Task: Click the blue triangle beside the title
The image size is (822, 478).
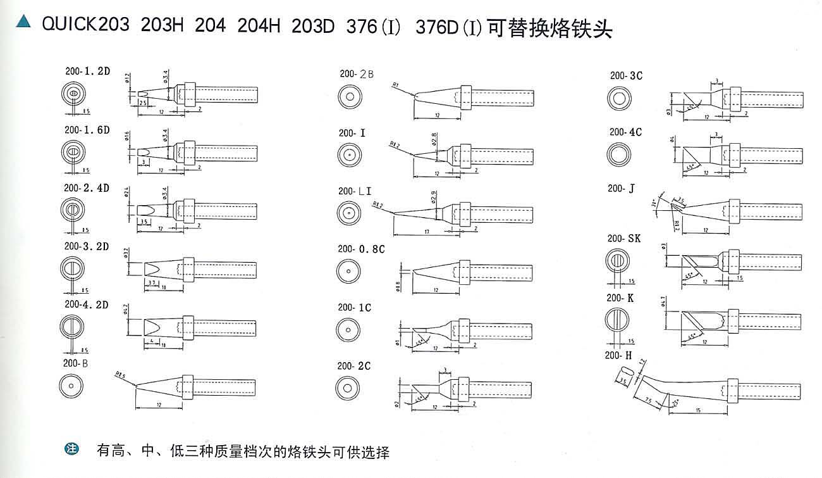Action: [x=23, y=23]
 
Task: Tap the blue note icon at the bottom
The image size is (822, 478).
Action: [x=72, y=450]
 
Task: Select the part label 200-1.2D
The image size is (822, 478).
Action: [x=87, y=71]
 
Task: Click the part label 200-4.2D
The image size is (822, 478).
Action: [x=86, y=305]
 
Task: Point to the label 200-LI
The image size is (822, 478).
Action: [x=355, y=191]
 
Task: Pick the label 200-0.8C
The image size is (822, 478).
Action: [x=361, y=249]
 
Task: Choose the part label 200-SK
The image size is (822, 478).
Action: [x=624, y=239]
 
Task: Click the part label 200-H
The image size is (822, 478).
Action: [x=618, y=355]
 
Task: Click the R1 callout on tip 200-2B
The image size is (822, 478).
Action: [x=395, y=84]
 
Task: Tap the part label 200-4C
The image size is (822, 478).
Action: [x=625, y=132]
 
